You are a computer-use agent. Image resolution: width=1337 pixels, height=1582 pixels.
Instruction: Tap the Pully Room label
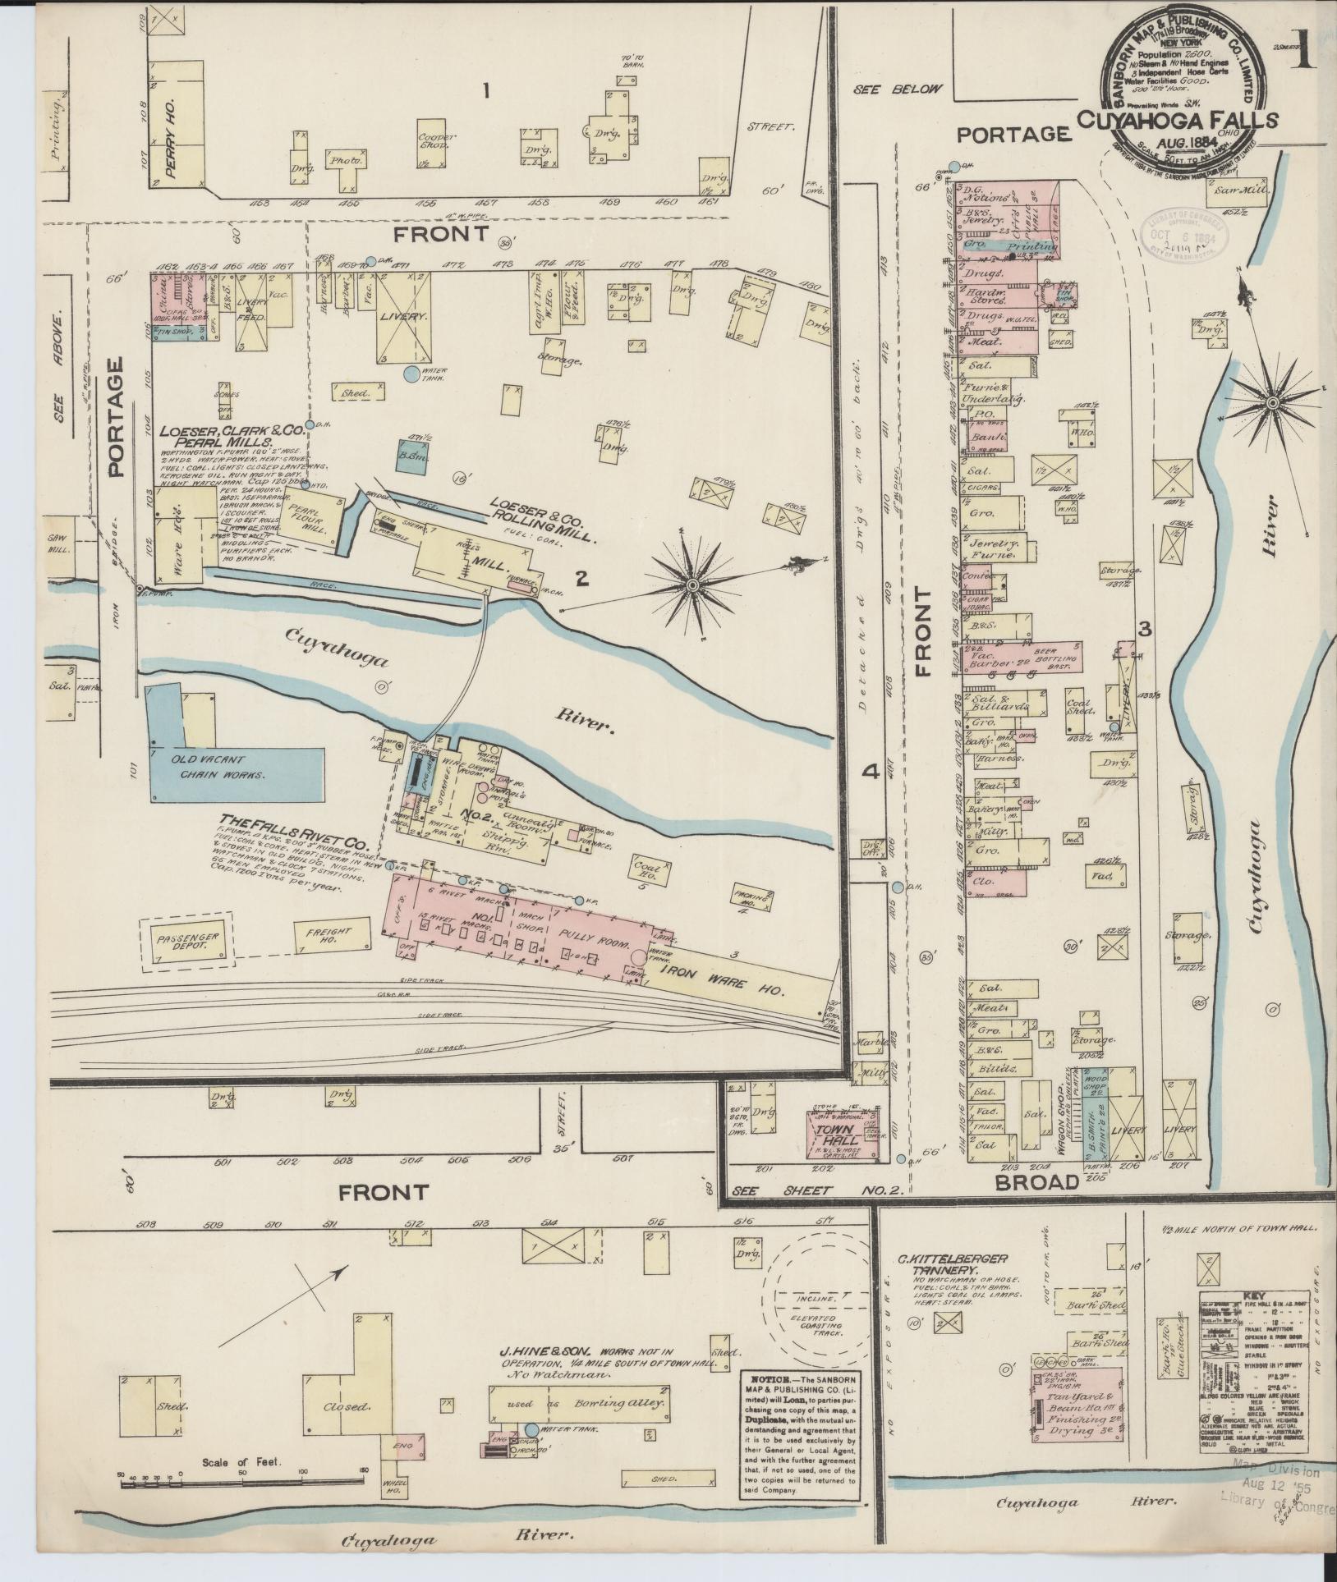tap(581, 936)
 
